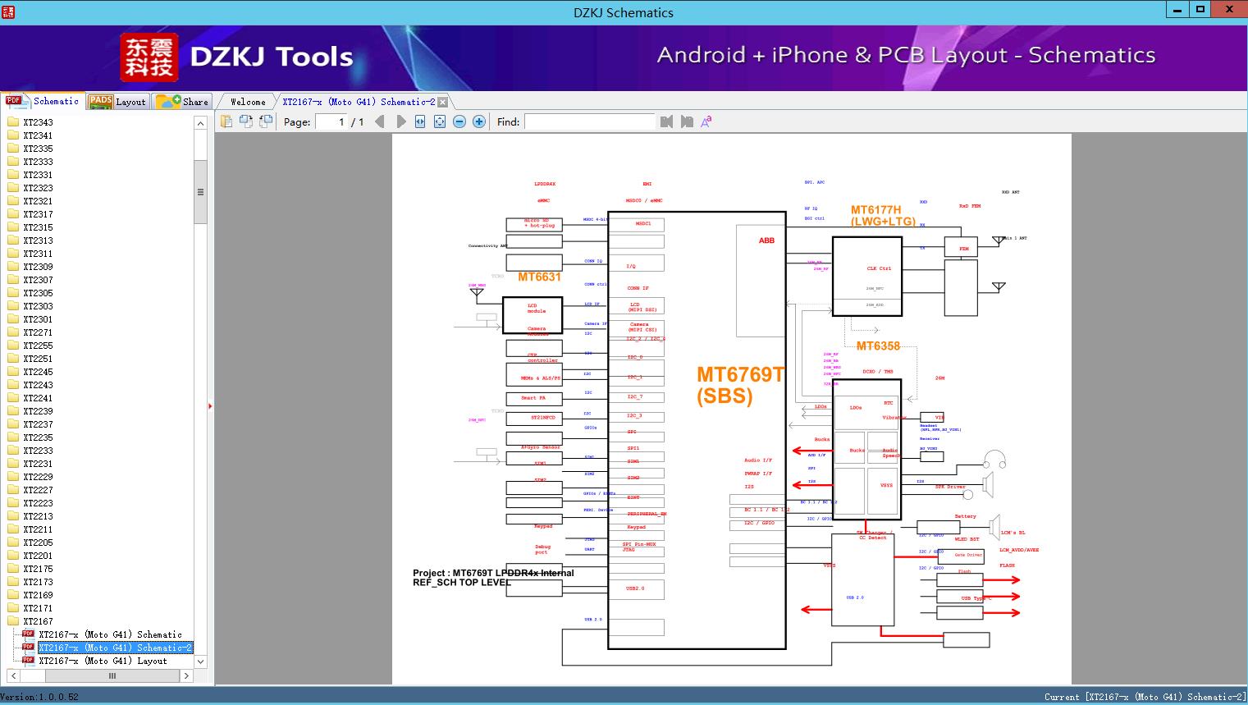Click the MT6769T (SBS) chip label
coord(739,385)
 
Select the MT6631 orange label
coord(539,277)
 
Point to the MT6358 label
coord(878,346)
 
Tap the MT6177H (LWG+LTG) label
coord(882,216)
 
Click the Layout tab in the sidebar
coord(119,102)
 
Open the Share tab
coord(184,102)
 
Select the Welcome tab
coord(248,102)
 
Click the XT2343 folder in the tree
coord(38,122)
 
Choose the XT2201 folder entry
coord(38,556)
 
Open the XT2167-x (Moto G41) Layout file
coord(102,661)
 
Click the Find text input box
coord(590,121)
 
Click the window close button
coord(1228,10)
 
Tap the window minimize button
coord(1177,10)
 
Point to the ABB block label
coord(766,240)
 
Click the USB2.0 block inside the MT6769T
coord(636,588)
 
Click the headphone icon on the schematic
coord(995,460)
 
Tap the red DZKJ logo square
coord(149,57)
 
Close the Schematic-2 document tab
coord(443,103)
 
